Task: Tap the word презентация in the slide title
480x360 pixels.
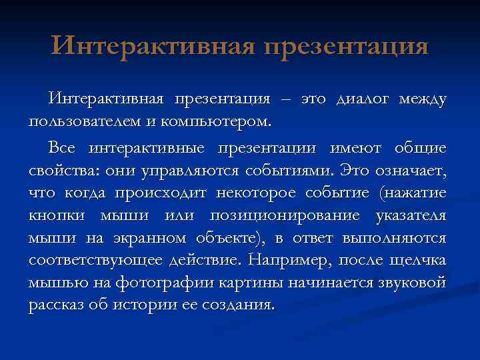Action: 346,47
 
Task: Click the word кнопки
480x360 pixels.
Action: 56,216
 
